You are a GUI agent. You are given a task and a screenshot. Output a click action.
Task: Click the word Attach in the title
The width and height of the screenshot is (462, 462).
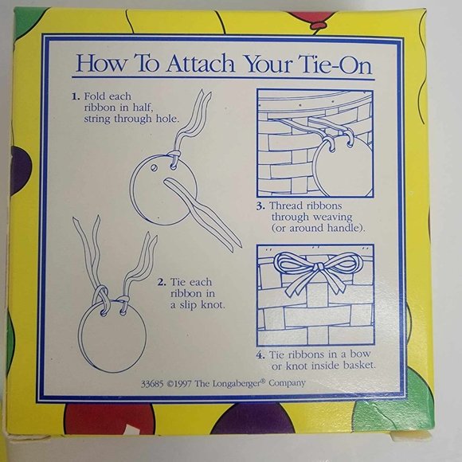pos(201,64)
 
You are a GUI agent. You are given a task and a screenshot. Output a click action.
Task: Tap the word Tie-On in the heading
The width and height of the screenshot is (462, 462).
pos(335,65)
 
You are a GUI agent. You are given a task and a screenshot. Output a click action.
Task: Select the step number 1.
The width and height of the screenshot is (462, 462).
pos(76,96)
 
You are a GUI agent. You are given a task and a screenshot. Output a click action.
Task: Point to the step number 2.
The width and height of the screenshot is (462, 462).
pos(162,282)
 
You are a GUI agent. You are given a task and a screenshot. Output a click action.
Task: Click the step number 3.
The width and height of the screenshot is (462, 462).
pos(260,206)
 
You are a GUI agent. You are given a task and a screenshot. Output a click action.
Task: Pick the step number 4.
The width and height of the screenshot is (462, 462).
pos(260,354)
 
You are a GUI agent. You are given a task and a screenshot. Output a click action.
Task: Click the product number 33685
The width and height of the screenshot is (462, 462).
pos(152,384)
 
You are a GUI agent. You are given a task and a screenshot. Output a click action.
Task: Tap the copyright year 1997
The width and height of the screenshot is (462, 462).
pos(182,384)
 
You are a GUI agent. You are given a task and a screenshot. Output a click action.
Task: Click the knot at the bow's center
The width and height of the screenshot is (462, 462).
pos(317,267)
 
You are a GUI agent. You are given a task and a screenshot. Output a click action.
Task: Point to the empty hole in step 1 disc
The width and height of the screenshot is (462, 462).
pos(154,167)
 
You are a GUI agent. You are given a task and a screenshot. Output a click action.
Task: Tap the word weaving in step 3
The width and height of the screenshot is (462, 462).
pos(333,217)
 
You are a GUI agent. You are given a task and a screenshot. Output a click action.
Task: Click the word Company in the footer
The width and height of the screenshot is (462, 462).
pos(287,384)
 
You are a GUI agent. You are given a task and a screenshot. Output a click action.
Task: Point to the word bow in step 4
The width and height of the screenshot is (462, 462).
pos(360,354)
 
